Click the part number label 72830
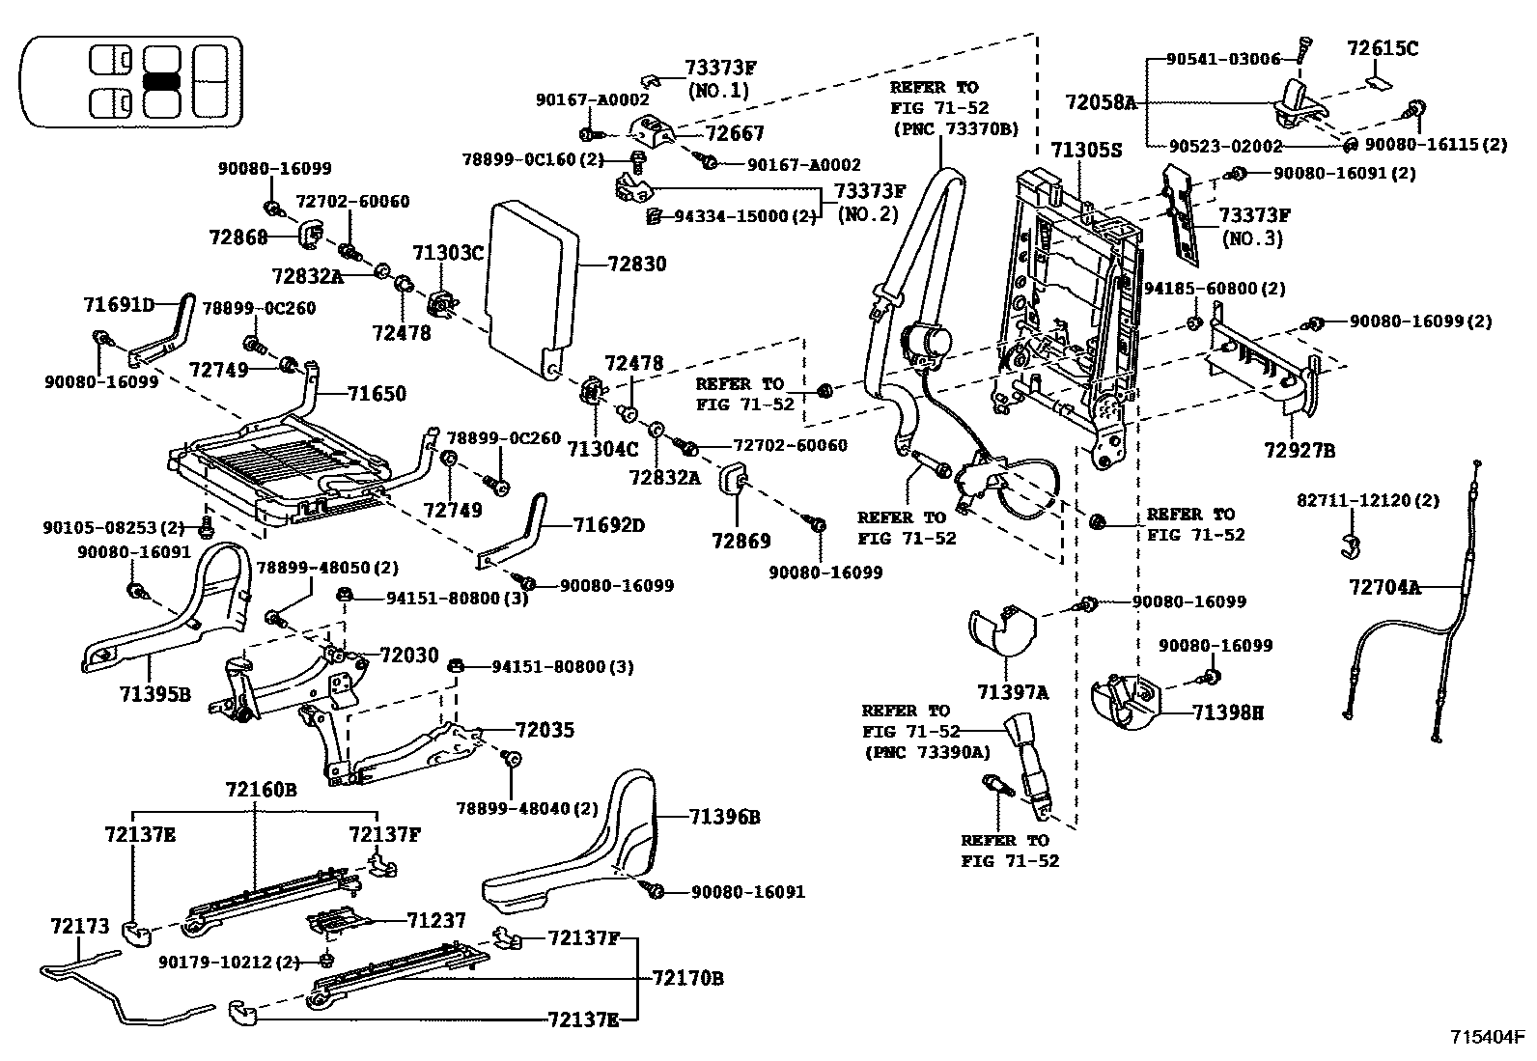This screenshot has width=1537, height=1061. pyautogui.click(x=637, y=265)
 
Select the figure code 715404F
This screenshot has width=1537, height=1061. pyautogui.click(x=1487, y=1036)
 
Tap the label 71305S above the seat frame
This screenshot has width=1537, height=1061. pyautogui.click(x=1087, y=151)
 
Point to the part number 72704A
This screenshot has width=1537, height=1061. pyautogui.click(x=1384, y=588)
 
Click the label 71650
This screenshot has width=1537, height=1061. pyautogui.click(x=377, y=394)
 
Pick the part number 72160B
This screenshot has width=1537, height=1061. pyautogui.click(x=262, y=790)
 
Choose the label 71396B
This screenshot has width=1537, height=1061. pyautogui.click(x=725, y=818)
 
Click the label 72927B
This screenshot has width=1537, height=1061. pyautogui.click(x=1299, y=451)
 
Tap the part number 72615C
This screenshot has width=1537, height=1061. pyautogui.click(x=1383, y=48)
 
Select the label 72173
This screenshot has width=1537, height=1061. pyautogui.click(x=79, y=927)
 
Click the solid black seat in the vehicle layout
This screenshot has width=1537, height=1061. pyautogui.click(x=162, y=82)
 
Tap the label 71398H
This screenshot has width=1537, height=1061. pyautogui.click(x=1227, y=713)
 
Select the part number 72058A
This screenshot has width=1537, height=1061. pyautogui.click(x=1101, y=103)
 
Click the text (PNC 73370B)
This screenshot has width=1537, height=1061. pyautogui.click(x=956, y=129)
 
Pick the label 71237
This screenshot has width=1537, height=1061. pyautogui.click(x=436, y=920)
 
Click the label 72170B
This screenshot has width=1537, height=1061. pyautogui.click(x=687, y=978)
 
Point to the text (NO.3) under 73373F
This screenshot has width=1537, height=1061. pyautogui.click(x=1253, y=239)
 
